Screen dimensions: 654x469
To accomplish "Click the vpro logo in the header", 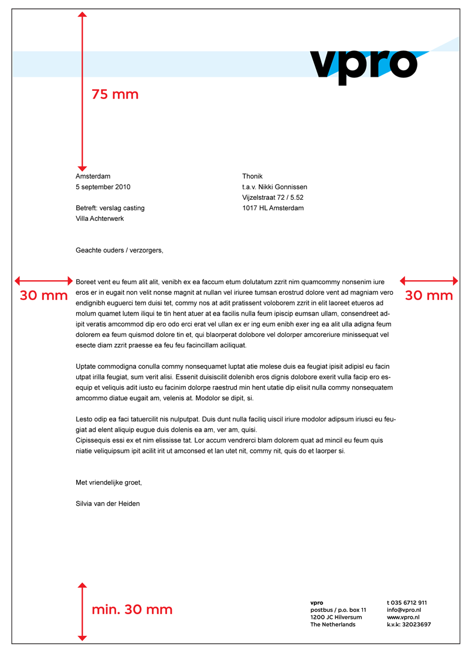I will (x=363, y=64).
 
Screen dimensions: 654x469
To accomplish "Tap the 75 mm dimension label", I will (x=115, y=94).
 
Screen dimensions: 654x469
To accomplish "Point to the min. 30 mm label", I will (x=132, y=609).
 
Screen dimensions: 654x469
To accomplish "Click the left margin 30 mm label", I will (x=44, y=295).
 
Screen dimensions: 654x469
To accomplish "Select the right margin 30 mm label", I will (x=429, y=295).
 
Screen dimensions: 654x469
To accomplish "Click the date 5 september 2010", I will (x=103, y=187).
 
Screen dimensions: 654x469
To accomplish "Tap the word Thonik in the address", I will (x=252, y=176).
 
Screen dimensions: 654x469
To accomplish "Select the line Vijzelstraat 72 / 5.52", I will (x=273, y=197).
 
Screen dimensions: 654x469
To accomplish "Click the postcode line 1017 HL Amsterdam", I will (x=273, y=208).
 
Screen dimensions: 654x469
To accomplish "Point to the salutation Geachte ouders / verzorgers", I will (x=120, y=250).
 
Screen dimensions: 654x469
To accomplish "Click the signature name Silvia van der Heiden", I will (x=108, y=503).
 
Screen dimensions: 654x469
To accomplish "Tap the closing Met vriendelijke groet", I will (x=109, y=483).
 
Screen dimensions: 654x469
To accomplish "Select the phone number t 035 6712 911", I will (x=407, y=602).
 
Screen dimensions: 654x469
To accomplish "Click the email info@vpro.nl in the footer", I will (x=404, y=610).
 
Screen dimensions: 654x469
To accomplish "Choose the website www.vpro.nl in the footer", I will (x=403, y=617).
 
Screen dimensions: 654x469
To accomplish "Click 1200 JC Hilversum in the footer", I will (x=336, y=617).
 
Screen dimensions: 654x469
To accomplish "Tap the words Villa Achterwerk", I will (x=100, y=219).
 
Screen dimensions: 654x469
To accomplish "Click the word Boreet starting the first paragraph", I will (x=87, y=282).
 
